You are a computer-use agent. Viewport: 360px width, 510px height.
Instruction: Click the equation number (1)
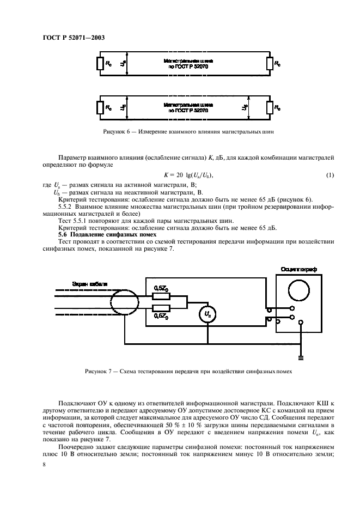coord(330,174)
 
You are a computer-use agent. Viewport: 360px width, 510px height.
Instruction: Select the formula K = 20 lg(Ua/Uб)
coord(188,174)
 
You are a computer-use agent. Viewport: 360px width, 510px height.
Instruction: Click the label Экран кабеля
coord(90,284)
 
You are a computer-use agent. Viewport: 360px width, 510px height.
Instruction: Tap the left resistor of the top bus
coord(100,64)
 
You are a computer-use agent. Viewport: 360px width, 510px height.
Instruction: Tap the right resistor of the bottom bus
coord(269,107)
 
